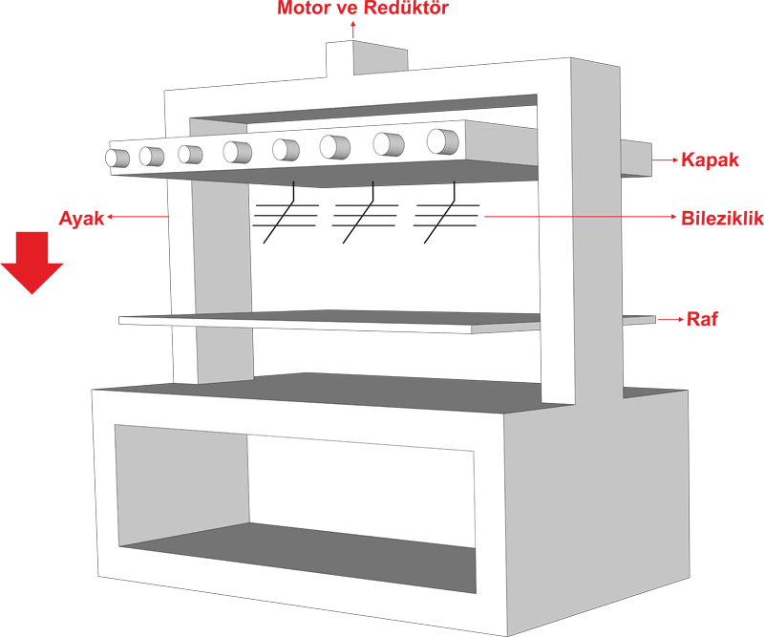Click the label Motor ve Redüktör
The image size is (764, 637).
click(x=362, y=10)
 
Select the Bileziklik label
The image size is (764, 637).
click(x=722, y=219)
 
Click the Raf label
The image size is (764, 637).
click(x=702, y=319)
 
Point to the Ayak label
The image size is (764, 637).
click(x=82, y=218)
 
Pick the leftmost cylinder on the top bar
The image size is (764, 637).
click(x=117, y=158)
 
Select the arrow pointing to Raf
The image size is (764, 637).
click(x=668, y=319)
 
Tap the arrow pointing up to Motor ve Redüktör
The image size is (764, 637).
click(x=353, y=31)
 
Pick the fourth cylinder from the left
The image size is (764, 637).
click(x=236, y=151)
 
